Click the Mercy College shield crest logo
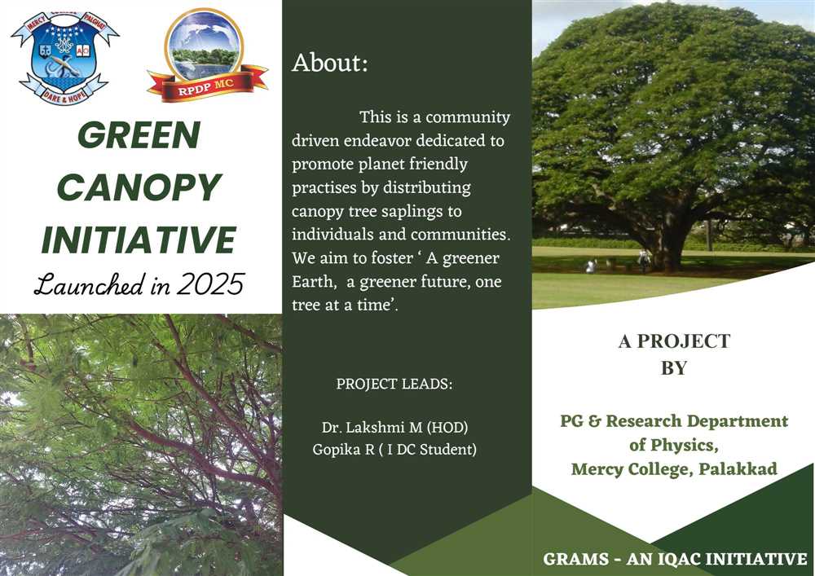pyautogui.click(x=65, y=58)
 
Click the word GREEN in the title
pyautogui.click(x=139, y=135)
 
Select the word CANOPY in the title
pyautogui.click(x=139, y=187)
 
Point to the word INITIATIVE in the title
pyautogui.click(x=139, y=240)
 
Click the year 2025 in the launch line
pyautogui.click(x=210, y=284)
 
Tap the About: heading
pyautogui.click(x=329, y=63)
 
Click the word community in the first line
pyautogui.click(x=468, y=118)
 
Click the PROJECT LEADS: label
pyautogui.click(x=394, y=385)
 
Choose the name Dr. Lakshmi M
pyautogui.click(x=371, y=428)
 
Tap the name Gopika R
pyautogui.click(x=343, y=449)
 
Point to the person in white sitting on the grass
pyautogui.click(x=590, y=266)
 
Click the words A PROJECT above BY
pyautogui.click(x=674, y=341)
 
